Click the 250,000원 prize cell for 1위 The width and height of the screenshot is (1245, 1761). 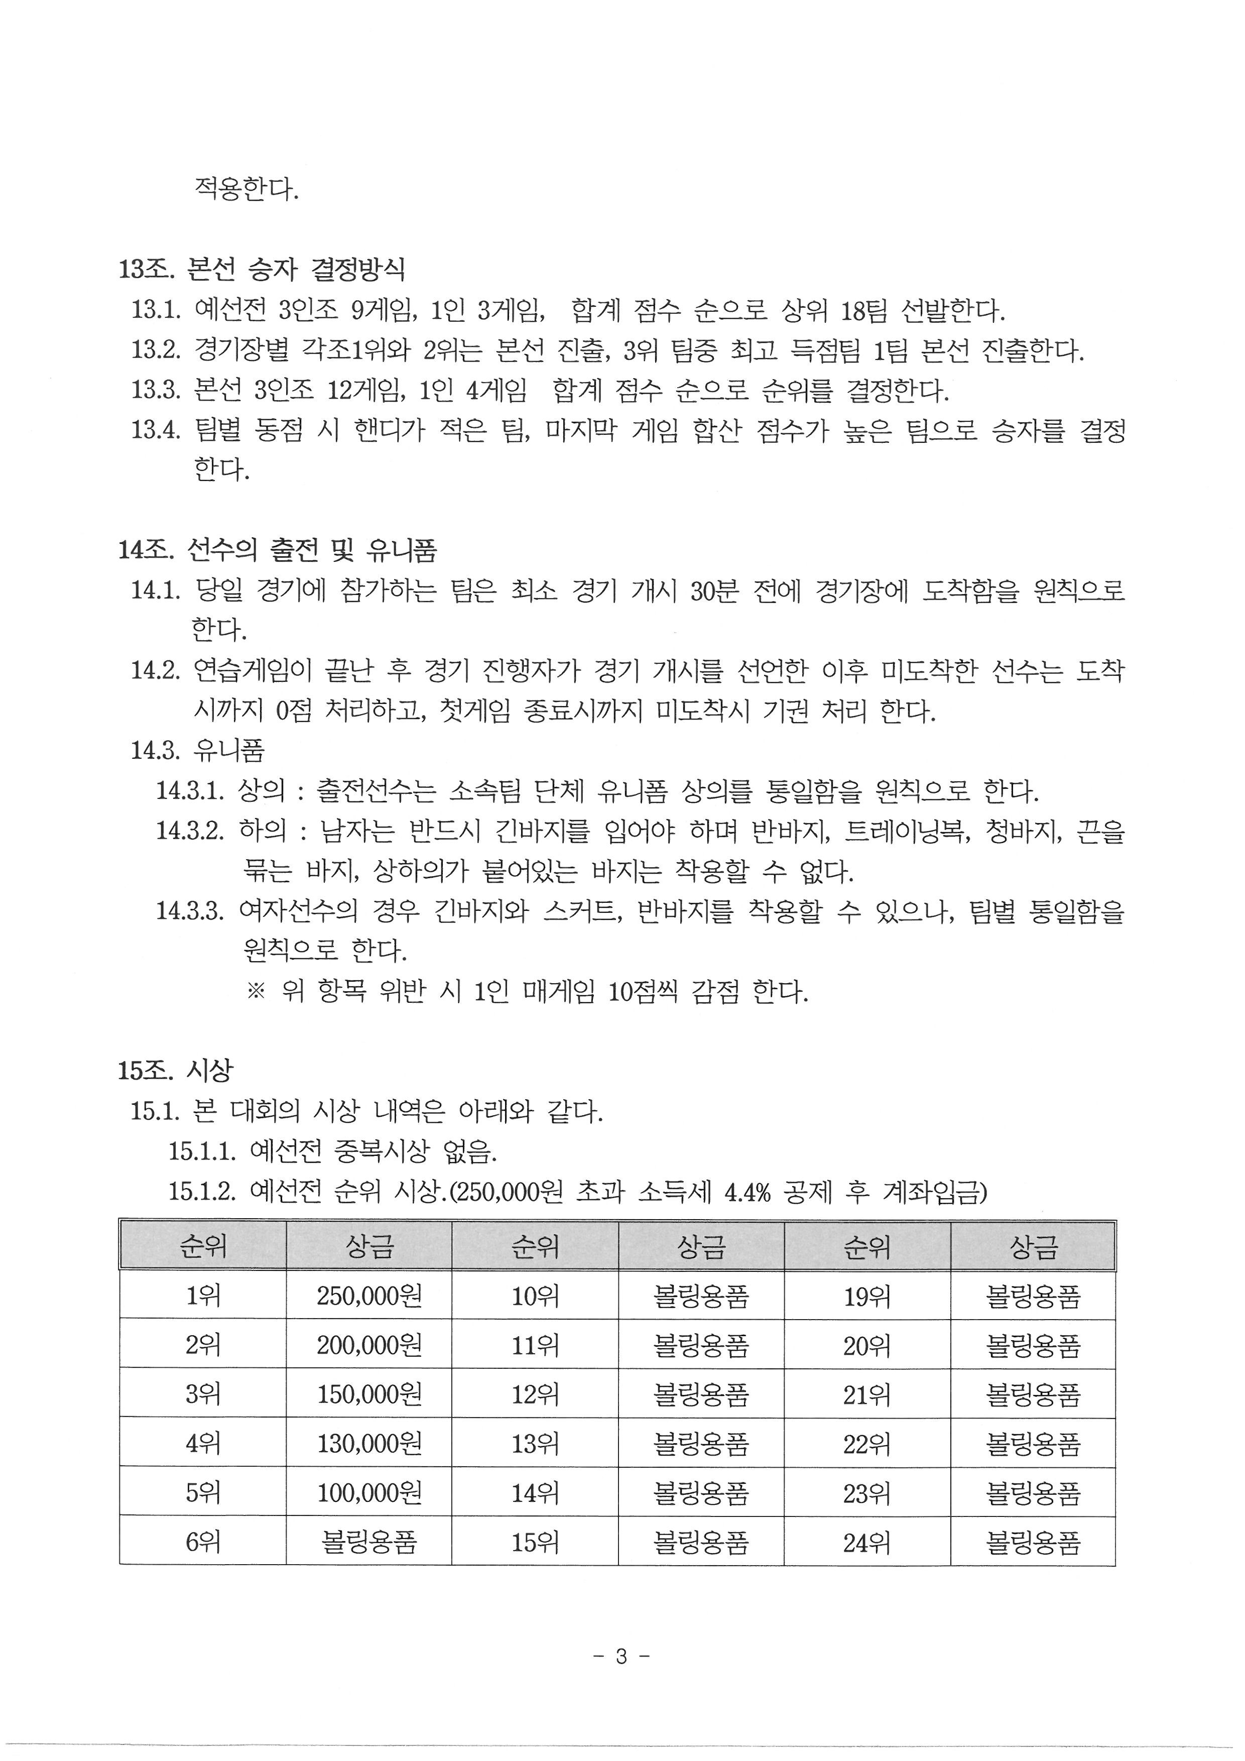coord(369,1296)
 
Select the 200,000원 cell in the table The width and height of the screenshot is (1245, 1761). coord(369,1345)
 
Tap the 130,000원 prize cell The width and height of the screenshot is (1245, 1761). coord(369,1444)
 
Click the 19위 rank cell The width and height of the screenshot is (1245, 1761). coord(866,1296)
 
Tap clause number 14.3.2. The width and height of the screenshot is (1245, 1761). coord(190,830)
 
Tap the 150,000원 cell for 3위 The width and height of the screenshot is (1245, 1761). coord(369,1395)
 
